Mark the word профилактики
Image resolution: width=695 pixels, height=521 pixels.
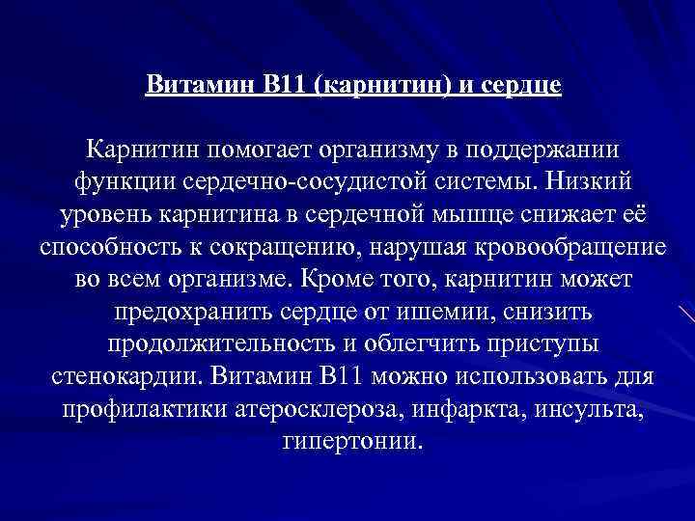point(145,410)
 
